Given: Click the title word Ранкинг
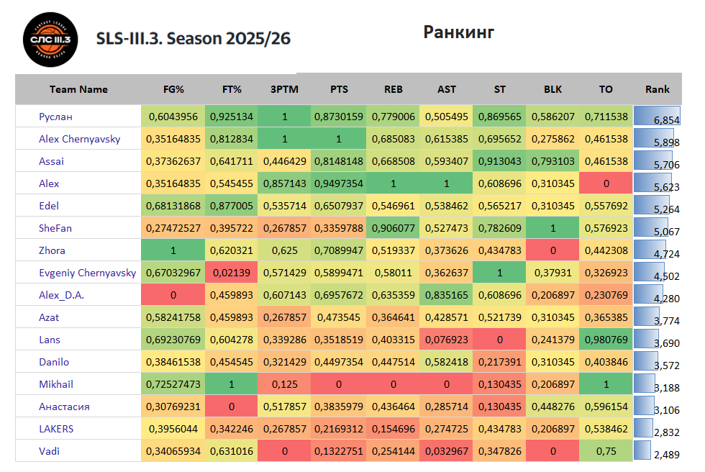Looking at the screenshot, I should coord(458,32).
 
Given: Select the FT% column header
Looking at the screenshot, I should coord(231,89).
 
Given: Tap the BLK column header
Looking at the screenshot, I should coord(552,89).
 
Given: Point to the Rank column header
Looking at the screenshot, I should coord(657,89).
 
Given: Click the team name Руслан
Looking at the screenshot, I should coord(55,117).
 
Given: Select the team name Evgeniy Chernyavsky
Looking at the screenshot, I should coord(87,273).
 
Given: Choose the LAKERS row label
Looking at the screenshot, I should coord(56,429).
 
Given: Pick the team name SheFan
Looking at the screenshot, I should coord(55,228).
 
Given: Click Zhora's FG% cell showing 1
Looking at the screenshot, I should coord(173,250).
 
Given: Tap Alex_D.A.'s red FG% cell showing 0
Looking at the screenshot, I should coord(173,295).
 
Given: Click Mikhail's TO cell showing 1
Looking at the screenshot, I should coord(606,384).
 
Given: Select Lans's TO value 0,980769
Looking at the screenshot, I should coord(606,340).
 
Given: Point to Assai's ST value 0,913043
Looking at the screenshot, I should coord(499,161).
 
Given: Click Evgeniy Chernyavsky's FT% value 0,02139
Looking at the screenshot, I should coord(231,273).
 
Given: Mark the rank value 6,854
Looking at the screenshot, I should coord(665,119).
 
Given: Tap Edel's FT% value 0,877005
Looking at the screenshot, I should coord(231,206).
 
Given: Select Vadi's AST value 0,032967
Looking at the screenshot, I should coord(446,451).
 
